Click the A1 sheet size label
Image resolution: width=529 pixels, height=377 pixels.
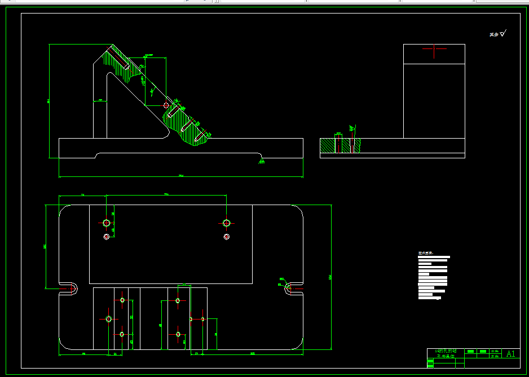click(511, 354)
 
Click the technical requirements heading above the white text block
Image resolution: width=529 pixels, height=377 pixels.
click(425, 253)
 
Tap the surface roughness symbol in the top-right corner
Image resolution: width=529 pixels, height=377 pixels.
click(503, 34)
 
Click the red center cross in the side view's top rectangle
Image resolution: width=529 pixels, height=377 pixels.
click(434, 50)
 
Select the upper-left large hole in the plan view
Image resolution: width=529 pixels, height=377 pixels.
click(106, 223)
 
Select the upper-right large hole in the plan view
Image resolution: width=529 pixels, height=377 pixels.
click(226, 223)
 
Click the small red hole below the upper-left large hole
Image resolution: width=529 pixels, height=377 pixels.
click(106, 237)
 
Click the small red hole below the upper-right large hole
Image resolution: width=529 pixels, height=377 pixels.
click(226, 237)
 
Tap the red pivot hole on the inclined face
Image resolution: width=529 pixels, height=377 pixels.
click(165, 105)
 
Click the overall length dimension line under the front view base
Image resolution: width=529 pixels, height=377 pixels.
click(180, 177)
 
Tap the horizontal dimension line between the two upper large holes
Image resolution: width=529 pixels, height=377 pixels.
click(166, 196)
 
